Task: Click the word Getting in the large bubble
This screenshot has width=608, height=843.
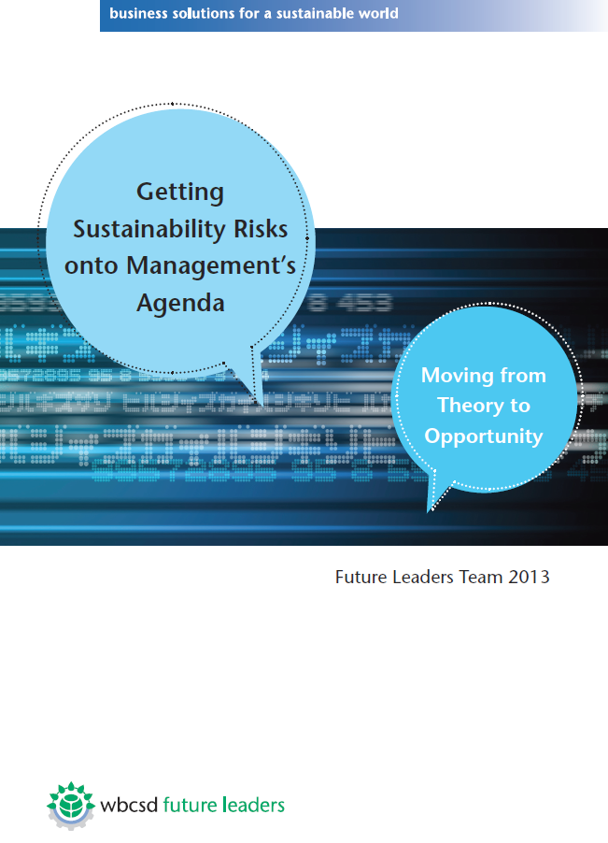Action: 180,193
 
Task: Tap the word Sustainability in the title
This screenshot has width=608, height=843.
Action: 149,230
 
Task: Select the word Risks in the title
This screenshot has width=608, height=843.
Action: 261,228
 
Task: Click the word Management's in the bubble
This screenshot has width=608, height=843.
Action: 211,265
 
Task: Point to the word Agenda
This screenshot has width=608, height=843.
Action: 180,304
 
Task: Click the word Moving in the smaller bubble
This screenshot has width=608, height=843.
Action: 456,376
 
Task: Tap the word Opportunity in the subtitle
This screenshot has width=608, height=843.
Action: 484,436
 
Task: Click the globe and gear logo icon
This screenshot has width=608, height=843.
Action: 71,806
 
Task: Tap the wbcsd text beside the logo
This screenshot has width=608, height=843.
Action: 129,805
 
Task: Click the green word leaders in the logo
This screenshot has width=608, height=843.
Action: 253,805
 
